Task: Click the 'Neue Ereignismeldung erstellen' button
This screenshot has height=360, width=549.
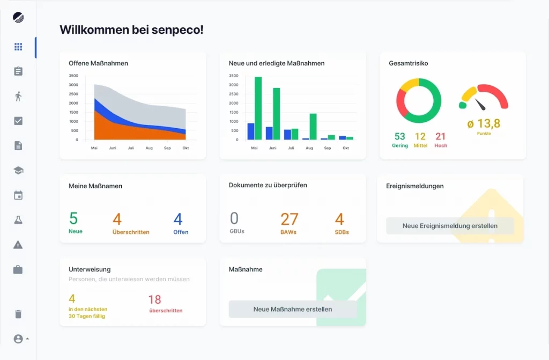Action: tap(450, 226)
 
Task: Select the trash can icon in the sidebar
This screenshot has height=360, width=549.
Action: tap(18, 314)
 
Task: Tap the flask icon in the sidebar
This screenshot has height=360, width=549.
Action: tap(18, 220)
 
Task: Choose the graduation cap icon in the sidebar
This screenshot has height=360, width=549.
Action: tap(18, 171)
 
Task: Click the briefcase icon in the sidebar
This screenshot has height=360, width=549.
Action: tap(18, 269)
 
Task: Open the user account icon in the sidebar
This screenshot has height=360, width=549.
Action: tap(18, 339)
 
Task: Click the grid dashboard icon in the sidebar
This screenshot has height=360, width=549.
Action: tap(18, 47)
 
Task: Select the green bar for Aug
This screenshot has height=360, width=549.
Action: tap(313, 127)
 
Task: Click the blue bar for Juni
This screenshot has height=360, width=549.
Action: tap(269, 133)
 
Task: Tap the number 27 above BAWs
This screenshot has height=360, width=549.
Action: tap(290, 219)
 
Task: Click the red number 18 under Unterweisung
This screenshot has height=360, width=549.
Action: tap(154, 299)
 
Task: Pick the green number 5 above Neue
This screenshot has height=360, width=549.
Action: tap(73, 218)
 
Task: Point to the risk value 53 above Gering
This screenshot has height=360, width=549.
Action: tap(399, 137)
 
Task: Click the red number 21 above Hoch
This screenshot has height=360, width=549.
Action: tap(441, 137)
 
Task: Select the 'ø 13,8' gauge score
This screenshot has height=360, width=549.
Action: tap(484, 124)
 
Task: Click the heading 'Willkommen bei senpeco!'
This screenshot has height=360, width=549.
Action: tap(131, 30)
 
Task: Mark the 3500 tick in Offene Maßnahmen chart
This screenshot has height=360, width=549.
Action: tap(73, 76)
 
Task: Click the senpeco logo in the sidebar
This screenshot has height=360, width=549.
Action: tap(18, 17)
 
